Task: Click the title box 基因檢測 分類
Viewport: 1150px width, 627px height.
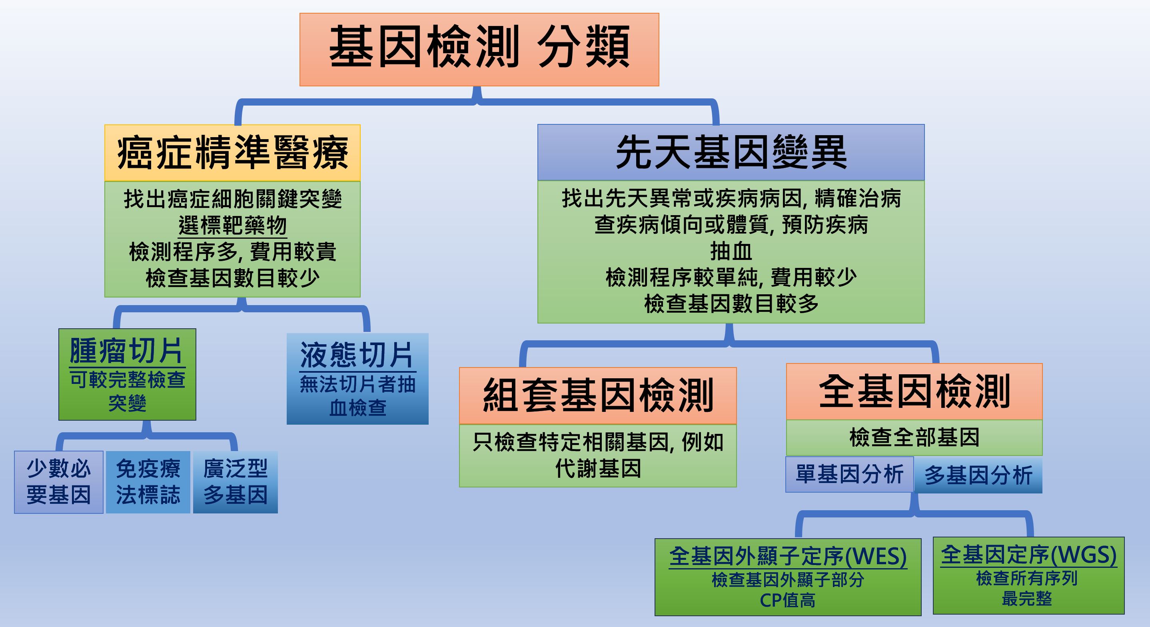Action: (479, 49)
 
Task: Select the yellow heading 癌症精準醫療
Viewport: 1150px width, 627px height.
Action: (232, 153)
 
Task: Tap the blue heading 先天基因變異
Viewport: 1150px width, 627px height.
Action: (731, 152)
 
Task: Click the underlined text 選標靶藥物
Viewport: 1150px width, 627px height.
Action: (232, 226)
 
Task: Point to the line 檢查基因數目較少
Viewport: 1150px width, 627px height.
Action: (232, 278)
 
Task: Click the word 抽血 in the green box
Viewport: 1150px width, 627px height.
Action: (731, 252)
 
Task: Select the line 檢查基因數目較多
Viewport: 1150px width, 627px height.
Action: (731, 304)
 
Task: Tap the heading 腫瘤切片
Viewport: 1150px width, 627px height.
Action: (127, 351)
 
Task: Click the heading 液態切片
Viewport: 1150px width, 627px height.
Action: (357, 355)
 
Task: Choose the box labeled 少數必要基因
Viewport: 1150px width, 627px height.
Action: (58, 482)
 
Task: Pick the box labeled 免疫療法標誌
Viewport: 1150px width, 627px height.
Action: (148, 482)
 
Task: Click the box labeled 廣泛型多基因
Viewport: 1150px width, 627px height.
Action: (235, 482)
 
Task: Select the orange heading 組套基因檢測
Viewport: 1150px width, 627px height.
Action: (598, 395)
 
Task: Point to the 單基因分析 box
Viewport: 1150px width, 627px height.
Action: (850, 474)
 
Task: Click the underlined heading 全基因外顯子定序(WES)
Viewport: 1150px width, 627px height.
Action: (788, 557)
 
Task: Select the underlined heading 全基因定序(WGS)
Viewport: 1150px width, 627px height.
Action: (1028, 555)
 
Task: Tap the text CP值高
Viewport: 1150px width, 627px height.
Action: (788, 600)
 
